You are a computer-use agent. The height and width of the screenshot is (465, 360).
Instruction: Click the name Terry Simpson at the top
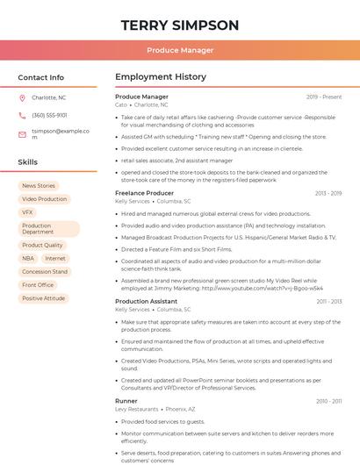[x=180, y=25]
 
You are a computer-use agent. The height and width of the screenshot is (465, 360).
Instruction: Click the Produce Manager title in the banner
[x=180, y=50]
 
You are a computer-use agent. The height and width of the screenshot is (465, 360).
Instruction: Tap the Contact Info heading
[x=41, y=77]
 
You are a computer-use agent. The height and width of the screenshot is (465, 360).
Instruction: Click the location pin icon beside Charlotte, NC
[x=22, y=98]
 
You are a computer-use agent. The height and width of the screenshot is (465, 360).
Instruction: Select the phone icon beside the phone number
[x=22, y=115]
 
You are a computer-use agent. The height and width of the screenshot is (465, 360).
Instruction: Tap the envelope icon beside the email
[x=22, y=134]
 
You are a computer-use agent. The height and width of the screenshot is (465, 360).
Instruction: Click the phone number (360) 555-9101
[x=49, y=115]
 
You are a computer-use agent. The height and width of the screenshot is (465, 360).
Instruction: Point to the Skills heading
[x=28, y=162]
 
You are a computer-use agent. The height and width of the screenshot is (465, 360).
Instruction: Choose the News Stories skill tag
[x=39, y=186]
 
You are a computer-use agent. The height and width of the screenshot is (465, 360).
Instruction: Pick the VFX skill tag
[x=27, y=212]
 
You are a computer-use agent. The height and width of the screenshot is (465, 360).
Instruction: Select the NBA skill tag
[x=28, y=259]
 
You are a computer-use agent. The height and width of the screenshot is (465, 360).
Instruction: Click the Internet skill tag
[x=55, y=259]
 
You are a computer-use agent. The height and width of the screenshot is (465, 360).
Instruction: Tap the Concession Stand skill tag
[x=45, y=272]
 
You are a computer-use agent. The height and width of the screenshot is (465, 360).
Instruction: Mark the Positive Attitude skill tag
[x=44, y=298]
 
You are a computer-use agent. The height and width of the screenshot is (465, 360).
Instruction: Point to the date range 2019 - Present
[x=324, y=97]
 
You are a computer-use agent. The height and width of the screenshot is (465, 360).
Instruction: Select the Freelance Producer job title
[x=144, y=193]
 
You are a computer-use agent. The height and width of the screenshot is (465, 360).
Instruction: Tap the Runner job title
[x=126, y=400]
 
